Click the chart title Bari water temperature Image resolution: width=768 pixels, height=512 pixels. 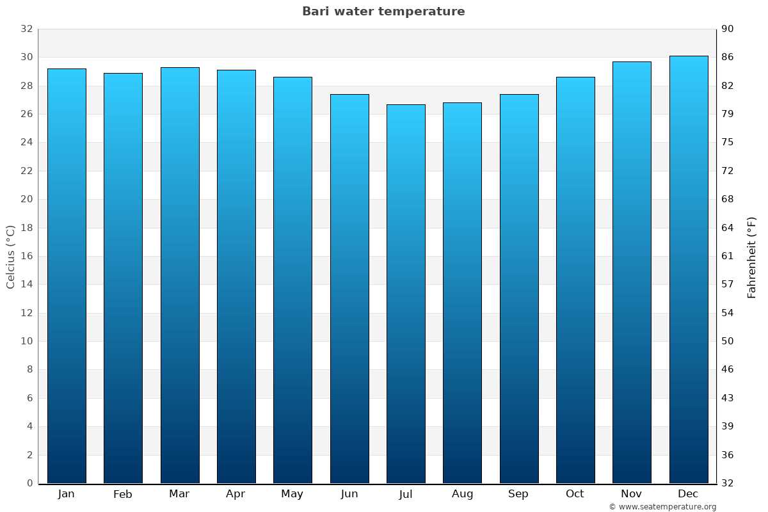click(x=383, y=12)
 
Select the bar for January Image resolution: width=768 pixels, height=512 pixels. click(x=67, y=276)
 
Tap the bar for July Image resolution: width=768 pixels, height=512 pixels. click(x=406, y=294)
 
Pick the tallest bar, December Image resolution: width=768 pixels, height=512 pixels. click(x=689, y=269)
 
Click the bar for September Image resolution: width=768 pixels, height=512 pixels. click(x=519, y=289)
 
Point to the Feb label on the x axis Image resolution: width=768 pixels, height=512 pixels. click(x=122, y=494)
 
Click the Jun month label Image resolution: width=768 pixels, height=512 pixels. click(x=349, y=494)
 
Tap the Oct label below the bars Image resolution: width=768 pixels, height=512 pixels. click(x=575, y=494)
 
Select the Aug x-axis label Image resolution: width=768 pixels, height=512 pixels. click(x=462, y=494)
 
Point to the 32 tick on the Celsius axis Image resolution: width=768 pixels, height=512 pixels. click(x=26, y=29)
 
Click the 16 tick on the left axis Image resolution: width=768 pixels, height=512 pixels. click(x=26, y=256)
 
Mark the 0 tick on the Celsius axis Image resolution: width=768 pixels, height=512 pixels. click(x=29, y=483)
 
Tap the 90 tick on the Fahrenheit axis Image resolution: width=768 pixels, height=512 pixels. click(x=728, y=29)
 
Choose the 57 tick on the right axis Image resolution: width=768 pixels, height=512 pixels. click(x=728, y=284)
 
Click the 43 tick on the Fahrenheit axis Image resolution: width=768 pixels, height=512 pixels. click(x=728, y=398)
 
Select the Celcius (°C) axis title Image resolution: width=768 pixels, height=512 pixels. click(x=11, y=257)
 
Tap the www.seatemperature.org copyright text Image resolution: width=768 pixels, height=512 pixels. click(x=662, y=507)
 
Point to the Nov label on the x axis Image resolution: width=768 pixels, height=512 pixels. click(x=632, y=494)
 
